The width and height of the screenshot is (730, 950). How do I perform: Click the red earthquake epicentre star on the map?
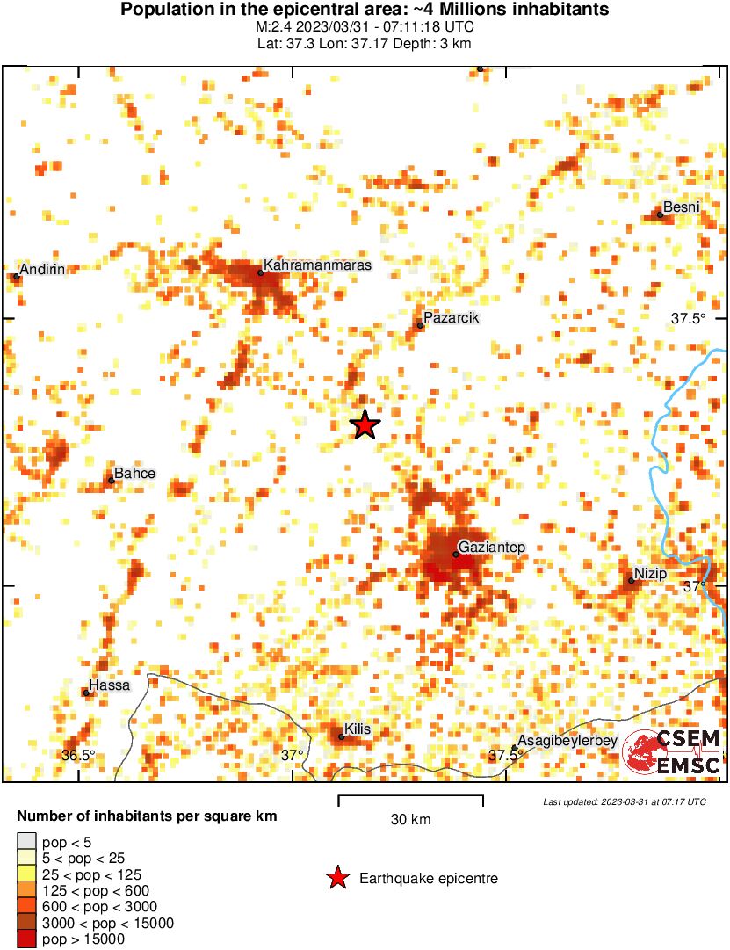[365, 425]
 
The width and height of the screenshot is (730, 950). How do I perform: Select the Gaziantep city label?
[492, 548]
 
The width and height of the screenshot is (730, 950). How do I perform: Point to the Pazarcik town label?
[451, 318]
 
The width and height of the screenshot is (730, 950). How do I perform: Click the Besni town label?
[682, 207]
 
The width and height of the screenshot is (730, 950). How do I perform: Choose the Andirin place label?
[42, 269]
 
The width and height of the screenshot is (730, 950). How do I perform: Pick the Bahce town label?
[134, 474]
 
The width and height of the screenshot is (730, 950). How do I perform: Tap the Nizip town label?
[651, 574]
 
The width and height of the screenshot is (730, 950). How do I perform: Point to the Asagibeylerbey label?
[567, 741]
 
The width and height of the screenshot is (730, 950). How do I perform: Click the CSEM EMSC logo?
[673, 752]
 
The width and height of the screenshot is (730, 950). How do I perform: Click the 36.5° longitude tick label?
[78, 755]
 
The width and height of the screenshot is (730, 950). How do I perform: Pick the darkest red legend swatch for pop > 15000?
[27, 939]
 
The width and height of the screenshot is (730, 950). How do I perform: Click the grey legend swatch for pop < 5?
[27, 842]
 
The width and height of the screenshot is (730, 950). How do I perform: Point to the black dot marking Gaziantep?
[456, 554]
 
